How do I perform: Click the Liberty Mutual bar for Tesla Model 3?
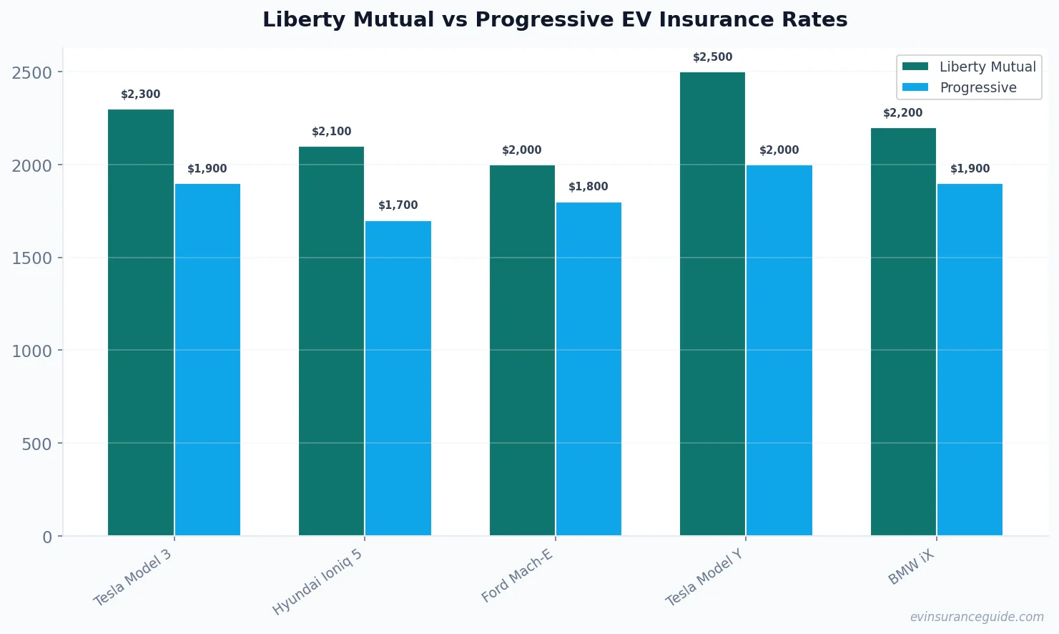(x=141, y=322)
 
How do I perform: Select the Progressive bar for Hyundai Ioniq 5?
(x=398, y=378)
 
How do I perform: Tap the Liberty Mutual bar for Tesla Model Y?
(x=712, y=303)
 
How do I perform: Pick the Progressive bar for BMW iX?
(x=970, y=359)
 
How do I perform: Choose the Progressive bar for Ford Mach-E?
(x=588, y=369)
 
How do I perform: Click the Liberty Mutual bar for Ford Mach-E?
(x=522, y=350)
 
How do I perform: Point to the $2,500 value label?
(x=712, y=57)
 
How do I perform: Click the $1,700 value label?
(x=398, y=205)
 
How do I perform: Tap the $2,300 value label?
(x=141, y=94)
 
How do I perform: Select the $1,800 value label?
(x=588, y=187)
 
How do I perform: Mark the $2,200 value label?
(x=902, y=113)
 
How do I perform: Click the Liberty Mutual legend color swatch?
(x=915, y=67)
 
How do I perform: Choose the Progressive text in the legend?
(x=977, y=87)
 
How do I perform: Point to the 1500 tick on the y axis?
(x=32, y=258)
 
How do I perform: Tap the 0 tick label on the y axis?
(x=47, y=537)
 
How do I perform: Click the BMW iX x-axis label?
(x=911, y=568)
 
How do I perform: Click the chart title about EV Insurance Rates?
(x=555, y=19)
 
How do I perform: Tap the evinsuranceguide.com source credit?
(x=977, y=617)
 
